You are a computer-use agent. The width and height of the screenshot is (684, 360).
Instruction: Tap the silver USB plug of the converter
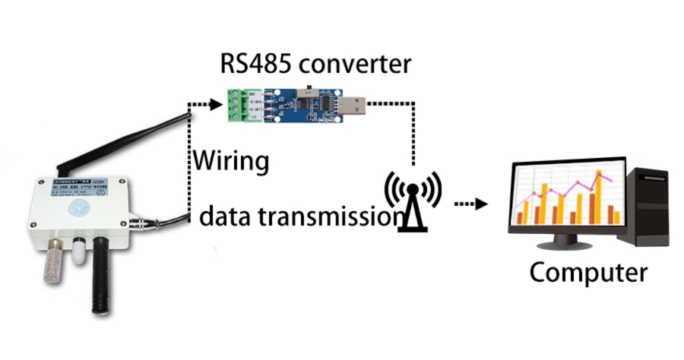[x=351, y=104]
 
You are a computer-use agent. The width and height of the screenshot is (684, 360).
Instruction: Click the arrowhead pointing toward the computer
[x=480, y=204]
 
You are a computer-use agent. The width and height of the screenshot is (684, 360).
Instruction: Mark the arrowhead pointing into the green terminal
[x=214, y=105]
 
